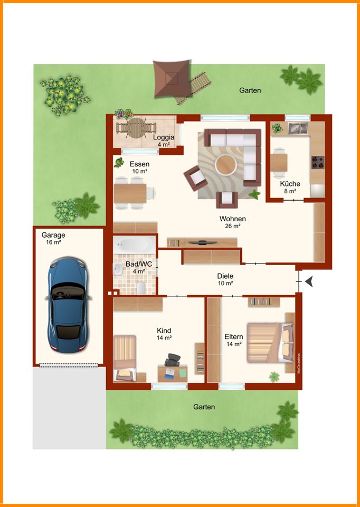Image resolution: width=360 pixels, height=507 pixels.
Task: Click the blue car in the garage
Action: (68, 305)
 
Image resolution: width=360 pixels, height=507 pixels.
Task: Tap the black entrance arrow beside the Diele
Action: (309, 282)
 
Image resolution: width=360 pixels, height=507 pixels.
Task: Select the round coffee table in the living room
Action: (226, 165)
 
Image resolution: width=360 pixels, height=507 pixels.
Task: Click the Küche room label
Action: (290, 184)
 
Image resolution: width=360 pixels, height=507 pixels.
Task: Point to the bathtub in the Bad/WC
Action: (135, 245)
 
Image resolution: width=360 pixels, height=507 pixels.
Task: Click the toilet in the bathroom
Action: (141, 288)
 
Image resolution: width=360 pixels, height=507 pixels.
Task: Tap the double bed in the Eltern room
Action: (271, 342)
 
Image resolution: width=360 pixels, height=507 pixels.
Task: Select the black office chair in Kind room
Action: (172, 360)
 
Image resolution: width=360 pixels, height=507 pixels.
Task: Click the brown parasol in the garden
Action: (171, 78)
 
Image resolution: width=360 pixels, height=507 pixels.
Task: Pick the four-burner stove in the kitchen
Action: (318, 162)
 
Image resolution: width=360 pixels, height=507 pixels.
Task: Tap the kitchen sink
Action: (298, 128)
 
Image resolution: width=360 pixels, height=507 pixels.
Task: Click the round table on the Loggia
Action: (137, 128)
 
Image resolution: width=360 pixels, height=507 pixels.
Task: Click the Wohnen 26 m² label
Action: (233, 222)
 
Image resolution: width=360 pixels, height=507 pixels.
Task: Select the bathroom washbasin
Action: (118, 269)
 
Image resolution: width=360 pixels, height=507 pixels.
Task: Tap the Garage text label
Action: (53, 235)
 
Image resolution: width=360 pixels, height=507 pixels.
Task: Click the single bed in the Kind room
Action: (125, 358)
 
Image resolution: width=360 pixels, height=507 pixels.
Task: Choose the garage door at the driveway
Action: (69, 365)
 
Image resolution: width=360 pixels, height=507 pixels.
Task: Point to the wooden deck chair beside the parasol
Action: (193, 88)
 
